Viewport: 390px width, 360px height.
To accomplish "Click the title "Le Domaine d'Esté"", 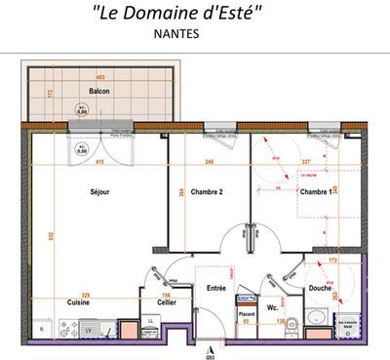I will click(x=194, y=14).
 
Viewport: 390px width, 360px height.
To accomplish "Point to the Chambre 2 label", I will click(x=208, y=192).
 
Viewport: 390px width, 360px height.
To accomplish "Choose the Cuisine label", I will click(x=78, y=302).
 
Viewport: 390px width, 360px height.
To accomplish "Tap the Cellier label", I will click(x=167, y=302).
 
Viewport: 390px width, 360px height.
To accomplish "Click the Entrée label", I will click(x=215, y=288).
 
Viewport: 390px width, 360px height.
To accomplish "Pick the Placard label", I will click(x=248, y=312).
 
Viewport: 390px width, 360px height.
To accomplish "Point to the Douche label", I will click(x=320, y=288).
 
